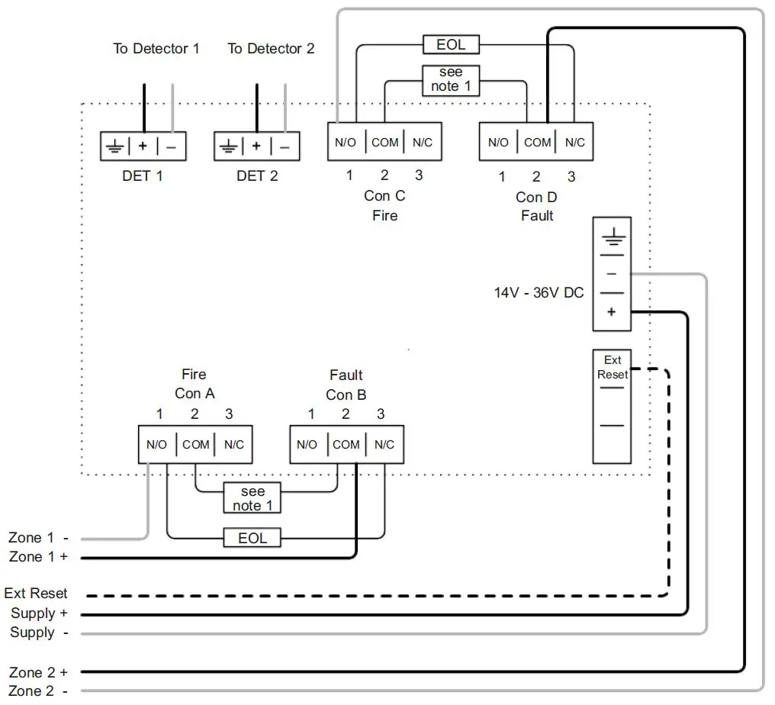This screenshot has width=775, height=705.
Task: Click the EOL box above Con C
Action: click(451, 44)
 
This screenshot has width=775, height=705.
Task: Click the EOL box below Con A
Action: click(252, 537)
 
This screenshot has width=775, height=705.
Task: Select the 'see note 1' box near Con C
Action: click(451, 80)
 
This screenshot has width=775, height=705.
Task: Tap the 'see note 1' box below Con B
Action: click(252, 498)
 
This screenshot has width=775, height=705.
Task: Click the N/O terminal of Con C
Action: click(346, 143)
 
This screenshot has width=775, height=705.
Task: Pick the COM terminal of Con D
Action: click(537, 143)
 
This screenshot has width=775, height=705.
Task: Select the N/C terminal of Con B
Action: click(384, 445)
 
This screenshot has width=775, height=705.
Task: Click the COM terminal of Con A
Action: click(196, 445)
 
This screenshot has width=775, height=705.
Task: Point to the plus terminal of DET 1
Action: click(143, 146)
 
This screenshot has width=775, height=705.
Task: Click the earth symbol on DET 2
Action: click(228, 146)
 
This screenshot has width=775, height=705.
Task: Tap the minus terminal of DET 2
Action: click(285, 146)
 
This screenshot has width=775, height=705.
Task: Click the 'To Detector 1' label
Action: click(156, 49)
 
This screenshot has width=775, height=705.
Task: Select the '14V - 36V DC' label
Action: click(539, 293)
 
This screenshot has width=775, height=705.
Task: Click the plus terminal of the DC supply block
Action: click(612, 312)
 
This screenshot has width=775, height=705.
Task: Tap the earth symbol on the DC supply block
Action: click(613, 237)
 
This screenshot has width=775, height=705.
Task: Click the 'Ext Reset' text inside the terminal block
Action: click(613, 367)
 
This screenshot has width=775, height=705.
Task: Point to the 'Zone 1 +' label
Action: click(38, 557)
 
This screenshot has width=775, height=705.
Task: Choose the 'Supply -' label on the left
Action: click(39, 633)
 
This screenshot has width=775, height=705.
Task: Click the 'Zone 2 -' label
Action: click(38, 691)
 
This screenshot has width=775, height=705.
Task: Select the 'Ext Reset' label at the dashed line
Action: click(36, 594)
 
